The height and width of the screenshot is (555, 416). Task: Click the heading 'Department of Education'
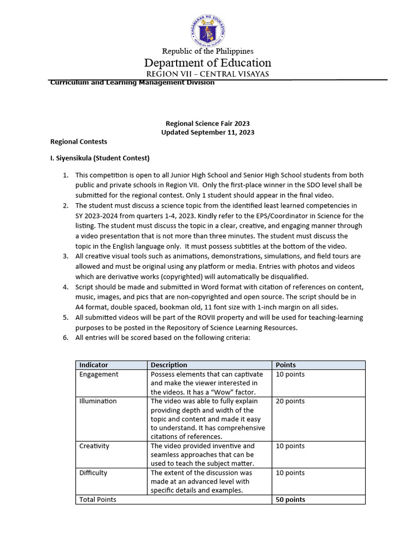(x=207, y=63)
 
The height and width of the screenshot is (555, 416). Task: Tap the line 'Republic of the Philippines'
(x=208, y=51)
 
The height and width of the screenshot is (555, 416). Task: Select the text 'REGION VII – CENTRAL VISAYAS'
(x=207, y=74)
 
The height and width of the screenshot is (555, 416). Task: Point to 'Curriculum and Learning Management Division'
(x=132, y=82)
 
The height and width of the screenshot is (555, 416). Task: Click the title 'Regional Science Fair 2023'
(x=207, y=124)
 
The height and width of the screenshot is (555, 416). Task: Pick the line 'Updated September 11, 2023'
(x=207, y=132)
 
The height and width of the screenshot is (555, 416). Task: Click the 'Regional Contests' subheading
(x=79, y=141)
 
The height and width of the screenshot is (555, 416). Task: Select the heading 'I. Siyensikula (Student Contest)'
(x=99, y=158)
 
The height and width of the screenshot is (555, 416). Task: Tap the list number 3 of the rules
(x=65, y=256)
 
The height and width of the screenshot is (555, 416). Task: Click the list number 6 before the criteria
(x=65, y=338)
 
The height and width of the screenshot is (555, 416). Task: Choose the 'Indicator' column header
(x=94, y=365)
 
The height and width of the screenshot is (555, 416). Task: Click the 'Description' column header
(x=169, y=365)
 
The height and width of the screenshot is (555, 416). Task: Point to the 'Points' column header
(x=286, y=365)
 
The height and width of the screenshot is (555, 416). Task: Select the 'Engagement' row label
(x=99, y=375)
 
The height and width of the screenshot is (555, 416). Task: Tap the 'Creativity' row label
(x=94, y=446)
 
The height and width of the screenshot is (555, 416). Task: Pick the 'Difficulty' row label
(x=93, y=473)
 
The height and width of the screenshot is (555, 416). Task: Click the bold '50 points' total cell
(x=290, y=500)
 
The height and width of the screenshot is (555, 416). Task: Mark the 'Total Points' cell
(x=97, y=500)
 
